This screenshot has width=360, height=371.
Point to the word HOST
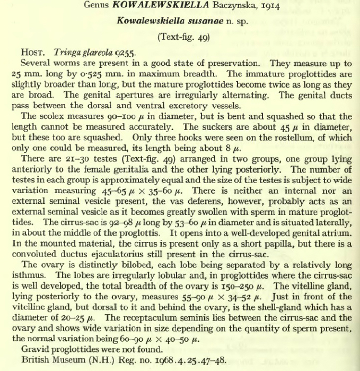click(35, 53)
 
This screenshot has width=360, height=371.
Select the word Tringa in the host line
click(66, 53)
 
